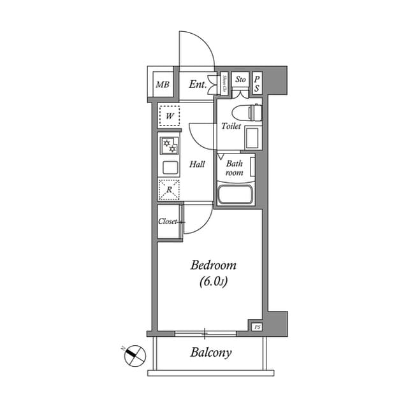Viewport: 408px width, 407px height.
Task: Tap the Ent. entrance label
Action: [x=198, y=84]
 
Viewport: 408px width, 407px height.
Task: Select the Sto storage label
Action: [x=240, y=80]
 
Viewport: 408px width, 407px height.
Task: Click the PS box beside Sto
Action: [x=258, y=83]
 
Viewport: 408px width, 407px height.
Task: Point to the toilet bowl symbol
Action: [x=249, y=113]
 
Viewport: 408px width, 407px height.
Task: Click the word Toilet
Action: [x=230, y=126]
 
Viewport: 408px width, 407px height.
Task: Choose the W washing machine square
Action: [x=170, y=116]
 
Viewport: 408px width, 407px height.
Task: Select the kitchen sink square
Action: [x=170, y=168]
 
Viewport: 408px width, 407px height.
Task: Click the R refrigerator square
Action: [x=170, y=189]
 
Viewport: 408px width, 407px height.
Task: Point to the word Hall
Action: [x=197, y=164]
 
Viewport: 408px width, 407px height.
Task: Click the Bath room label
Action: [x=234, y=168]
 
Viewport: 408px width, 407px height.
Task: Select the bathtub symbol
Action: [x=235, y=194]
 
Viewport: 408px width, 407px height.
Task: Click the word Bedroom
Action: [x=214, y=265]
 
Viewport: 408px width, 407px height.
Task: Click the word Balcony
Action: [x=210, y=352]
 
